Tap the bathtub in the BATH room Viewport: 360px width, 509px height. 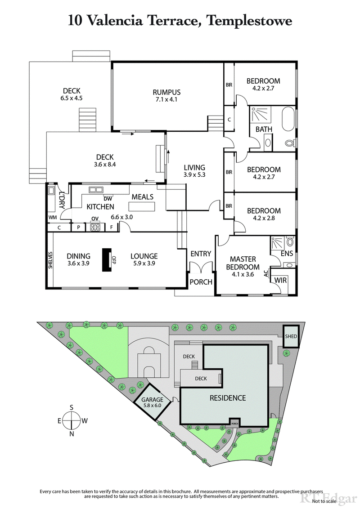click(288, 120)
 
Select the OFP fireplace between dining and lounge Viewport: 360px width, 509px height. click(107, 260)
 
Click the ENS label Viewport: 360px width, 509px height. click(287, 254)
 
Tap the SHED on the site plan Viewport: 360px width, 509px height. click(290, 336)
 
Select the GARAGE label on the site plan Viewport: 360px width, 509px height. click(152, 399)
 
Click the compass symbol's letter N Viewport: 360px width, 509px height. click(72, 434)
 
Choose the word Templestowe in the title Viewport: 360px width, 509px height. click(249, 20)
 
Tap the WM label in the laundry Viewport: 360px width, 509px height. click(53, 217)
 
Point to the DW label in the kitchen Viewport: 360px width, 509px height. click(108, 198)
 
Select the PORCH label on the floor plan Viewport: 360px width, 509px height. click(201, 282)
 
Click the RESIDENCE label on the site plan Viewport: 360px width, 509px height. click(228, 397)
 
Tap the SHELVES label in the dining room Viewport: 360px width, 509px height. click(50, 260)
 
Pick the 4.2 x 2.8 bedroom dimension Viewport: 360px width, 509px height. click(263, 218)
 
